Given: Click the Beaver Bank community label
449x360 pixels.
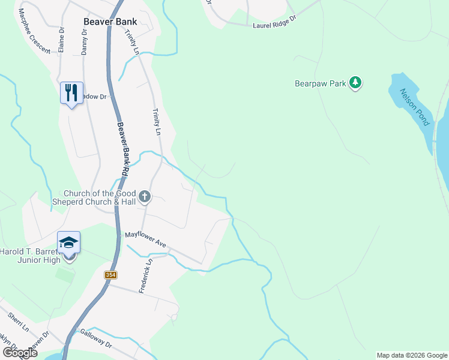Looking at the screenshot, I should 110,22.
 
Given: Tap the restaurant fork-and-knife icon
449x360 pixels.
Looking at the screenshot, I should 71,92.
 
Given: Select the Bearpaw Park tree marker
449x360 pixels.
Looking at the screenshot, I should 356,83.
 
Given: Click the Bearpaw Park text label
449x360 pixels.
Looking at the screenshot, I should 321,84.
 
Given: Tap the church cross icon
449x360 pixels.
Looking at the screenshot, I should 144,196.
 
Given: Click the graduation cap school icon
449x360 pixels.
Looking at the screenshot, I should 68,242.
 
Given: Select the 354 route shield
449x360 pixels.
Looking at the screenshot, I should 110,275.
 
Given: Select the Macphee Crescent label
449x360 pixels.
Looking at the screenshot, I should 34,31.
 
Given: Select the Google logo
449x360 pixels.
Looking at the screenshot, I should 19,353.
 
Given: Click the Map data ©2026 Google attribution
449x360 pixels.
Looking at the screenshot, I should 412,355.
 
